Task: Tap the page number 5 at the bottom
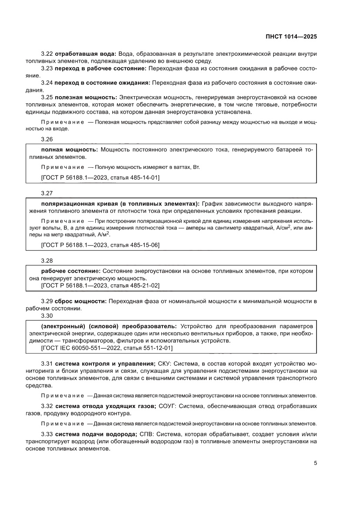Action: tap(315, 463)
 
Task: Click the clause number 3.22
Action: tap(47, 54)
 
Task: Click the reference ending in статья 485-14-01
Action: tap(100, 177)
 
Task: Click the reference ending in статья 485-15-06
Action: tap(100, 245)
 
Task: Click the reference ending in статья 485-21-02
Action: tap(100, 285)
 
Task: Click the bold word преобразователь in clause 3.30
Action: tap(148, 326)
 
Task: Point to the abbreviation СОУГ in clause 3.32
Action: tap(167, 406)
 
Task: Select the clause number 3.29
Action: tap(47, 301)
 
